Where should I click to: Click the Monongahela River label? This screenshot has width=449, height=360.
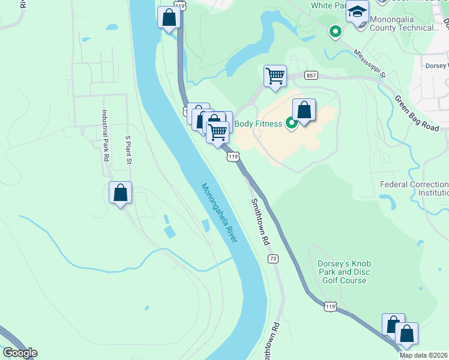point(219,213)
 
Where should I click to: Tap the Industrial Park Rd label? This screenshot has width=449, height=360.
point(104,136)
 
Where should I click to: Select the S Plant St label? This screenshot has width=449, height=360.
point(128,150)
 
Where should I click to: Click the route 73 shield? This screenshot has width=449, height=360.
point(273,259)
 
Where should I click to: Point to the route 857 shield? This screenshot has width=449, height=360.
point(311,75)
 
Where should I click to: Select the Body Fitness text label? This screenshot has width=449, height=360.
point(258,124)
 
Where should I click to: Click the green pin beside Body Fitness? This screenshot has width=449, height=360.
point(291,124)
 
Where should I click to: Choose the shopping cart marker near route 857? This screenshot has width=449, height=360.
point(275,76)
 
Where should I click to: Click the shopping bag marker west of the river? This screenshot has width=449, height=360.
point(120,193)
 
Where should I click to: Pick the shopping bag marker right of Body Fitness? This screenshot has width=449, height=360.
point(304,110)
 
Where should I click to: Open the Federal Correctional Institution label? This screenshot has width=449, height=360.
point(414,188)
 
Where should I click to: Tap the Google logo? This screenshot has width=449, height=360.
point(20,353)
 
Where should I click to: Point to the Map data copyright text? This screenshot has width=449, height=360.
point(424,355)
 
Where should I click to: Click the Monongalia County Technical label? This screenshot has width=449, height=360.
point(413,23)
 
